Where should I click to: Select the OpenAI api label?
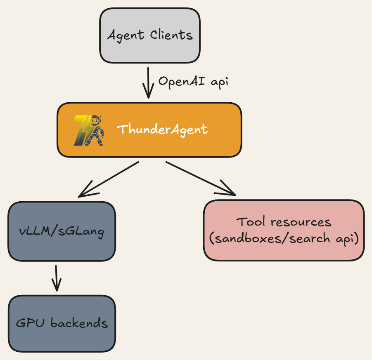coord(193,81)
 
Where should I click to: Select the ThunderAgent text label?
coord(162,129)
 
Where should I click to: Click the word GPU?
coord(31,322)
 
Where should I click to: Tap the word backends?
coord(79,322)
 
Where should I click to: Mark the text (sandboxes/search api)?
coord(284,239)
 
